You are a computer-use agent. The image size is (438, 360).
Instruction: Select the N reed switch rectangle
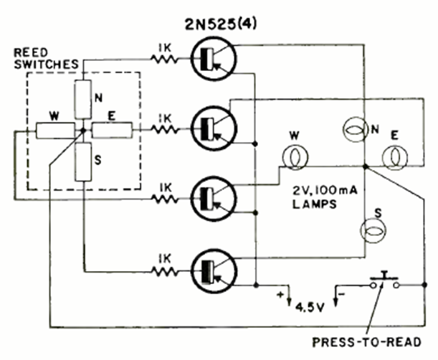coord(82,99)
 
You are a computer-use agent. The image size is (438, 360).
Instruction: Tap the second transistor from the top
coord(212,127)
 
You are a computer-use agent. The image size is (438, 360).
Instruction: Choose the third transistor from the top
coord(212,197)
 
